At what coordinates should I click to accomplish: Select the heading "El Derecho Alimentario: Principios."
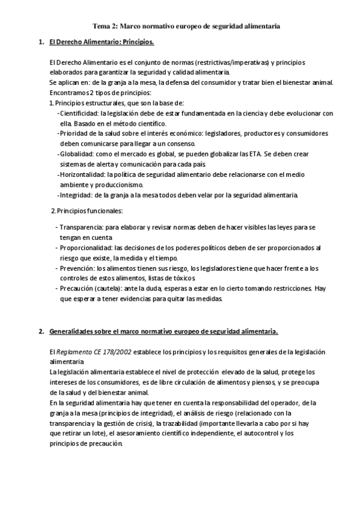102,43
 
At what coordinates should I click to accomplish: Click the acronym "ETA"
257,154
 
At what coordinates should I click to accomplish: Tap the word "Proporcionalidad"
86,247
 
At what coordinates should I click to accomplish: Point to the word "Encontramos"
70,93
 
